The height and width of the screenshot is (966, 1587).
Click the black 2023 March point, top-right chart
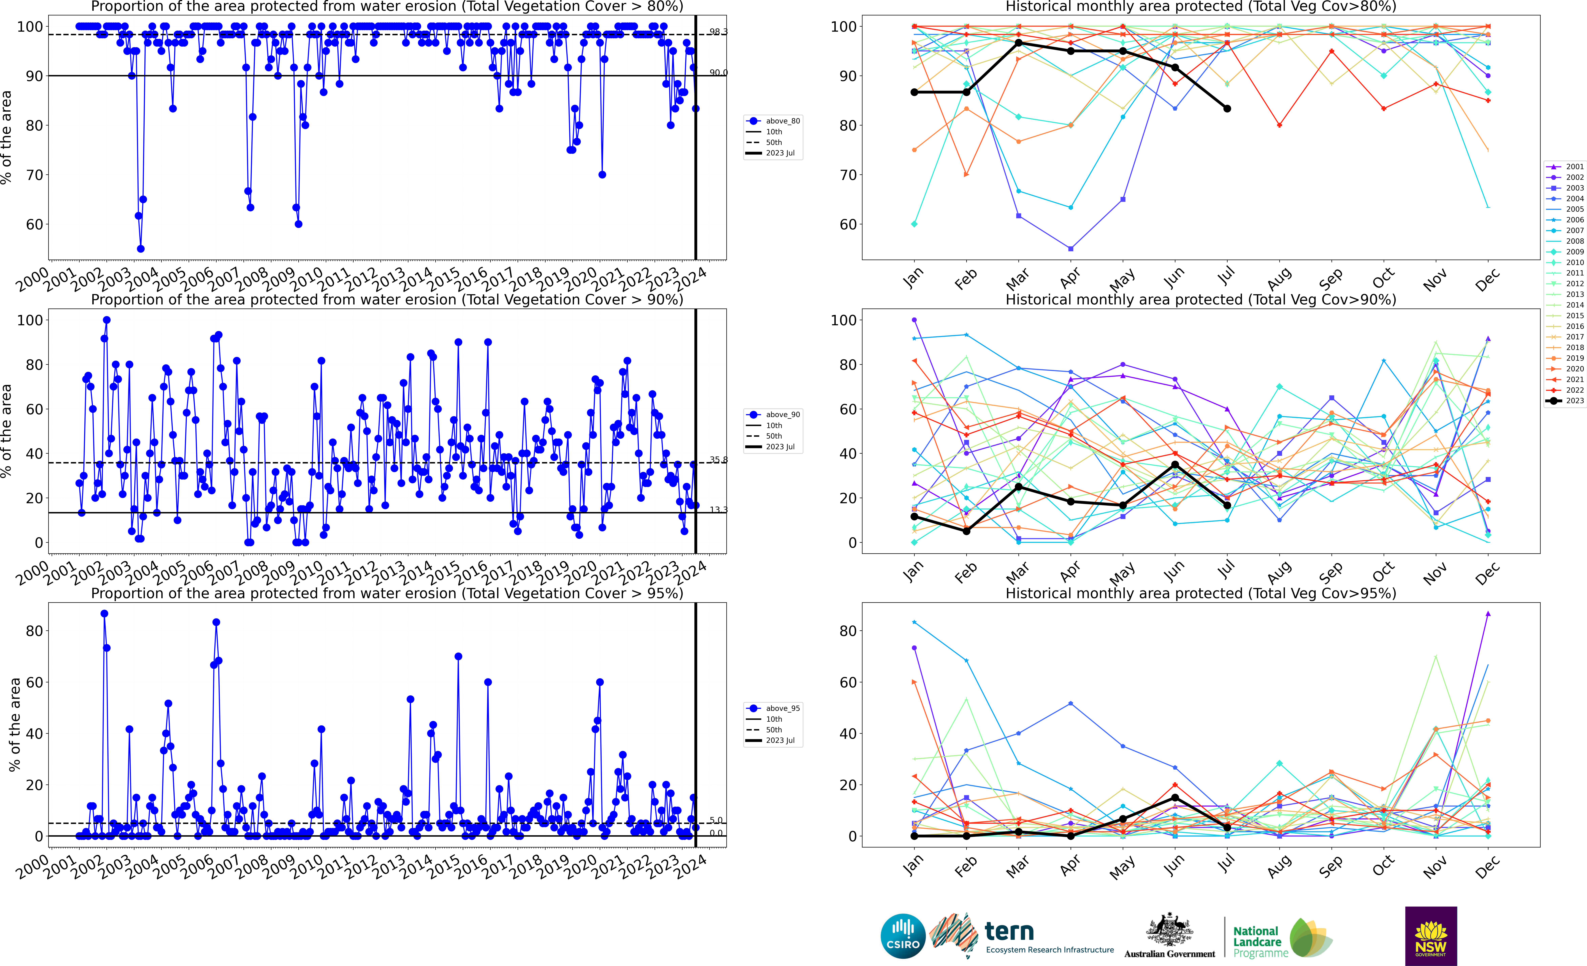pos(1018,43)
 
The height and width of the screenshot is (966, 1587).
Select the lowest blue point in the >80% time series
pos(140,249)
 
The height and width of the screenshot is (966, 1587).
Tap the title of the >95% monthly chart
pos(1201,593)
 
